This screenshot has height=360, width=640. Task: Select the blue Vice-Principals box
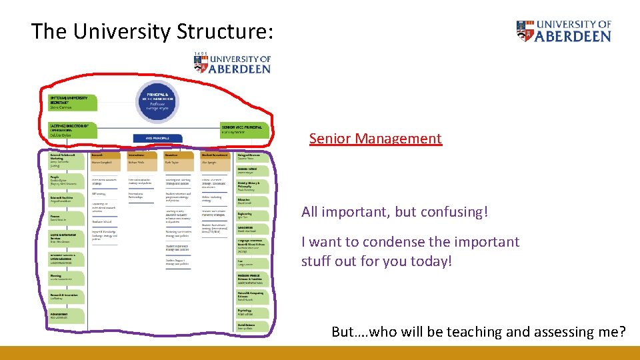pos(158,137)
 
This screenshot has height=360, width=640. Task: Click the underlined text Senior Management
pos(375,139)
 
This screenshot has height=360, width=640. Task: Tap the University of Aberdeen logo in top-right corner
pos(563,31)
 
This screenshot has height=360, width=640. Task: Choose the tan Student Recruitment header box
pos(217,159)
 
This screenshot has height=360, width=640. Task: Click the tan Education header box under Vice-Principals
pos(180,159)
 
